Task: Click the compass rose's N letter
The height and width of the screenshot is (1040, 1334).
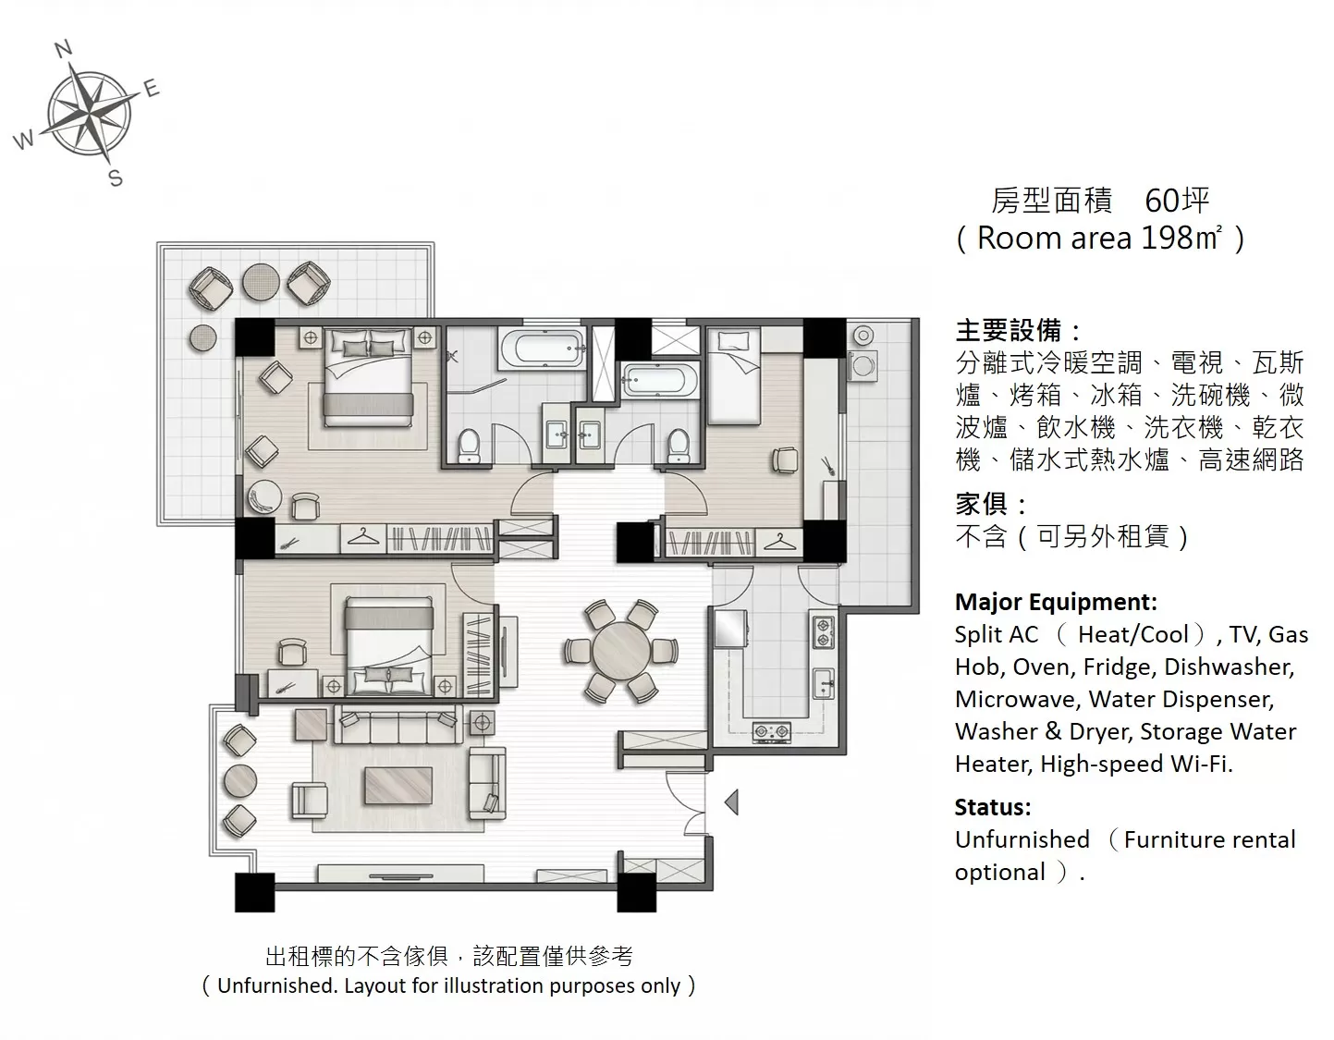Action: pyautogui.click(x=63, y=48)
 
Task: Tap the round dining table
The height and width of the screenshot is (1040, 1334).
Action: pyautogui.click(x=622, y=651)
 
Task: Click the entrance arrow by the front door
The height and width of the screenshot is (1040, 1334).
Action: pyautogui.click(x=731, y=801)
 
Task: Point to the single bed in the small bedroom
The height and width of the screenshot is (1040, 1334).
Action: pyautogui.click(x=735, y=375)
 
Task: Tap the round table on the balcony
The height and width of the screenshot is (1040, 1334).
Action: pyautogui.click(x=261, y=282)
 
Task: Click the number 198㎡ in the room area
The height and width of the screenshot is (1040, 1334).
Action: pyautogui.click(x=1181, y=238)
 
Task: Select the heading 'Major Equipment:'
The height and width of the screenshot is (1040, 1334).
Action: pyautogui.click(x=1056, y=602)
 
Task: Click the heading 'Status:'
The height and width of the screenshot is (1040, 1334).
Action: pyautogui.click(x=993, y=807)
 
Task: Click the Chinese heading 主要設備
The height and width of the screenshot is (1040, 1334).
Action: pyautogui.click(x=1008, y=330)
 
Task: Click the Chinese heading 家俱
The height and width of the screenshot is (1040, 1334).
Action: pyautogui.click(x=982, y=504)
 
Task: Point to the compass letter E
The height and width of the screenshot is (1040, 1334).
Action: pyautogui.click(x=152, y=89)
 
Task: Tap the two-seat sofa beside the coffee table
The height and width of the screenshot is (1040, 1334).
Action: pyautogui.click(x=487, y=784)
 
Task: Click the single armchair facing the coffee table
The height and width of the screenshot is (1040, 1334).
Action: pyautogui.click(x=310, y=801)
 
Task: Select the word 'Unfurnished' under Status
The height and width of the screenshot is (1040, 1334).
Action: pyautogui.click(x=1022, y=839)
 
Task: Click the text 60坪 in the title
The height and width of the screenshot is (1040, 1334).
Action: pyautogui.click(x=1177, y=200)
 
